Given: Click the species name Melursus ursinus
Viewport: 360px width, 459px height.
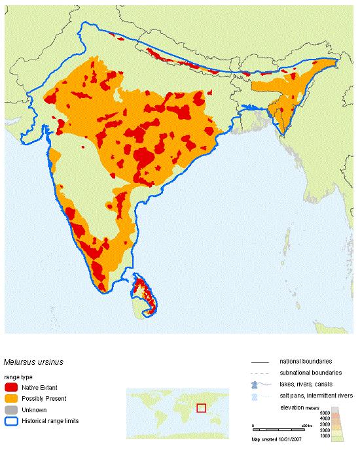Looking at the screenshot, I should coord(33,361).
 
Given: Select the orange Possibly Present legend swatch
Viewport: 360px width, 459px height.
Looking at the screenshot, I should coord(11,399).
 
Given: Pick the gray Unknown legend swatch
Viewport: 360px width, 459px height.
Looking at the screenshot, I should coord(11,410).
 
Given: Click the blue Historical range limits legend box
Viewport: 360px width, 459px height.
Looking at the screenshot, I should coord(11,421).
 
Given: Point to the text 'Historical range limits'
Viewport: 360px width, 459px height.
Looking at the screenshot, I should coord(50,421).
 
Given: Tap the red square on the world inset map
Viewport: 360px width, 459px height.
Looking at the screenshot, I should coord(201,408).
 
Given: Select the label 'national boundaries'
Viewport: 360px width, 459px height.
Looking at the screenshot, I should coord(305,361).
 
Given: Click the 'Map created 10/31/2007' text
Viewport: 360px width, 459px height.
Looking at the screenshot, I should coord(279,439).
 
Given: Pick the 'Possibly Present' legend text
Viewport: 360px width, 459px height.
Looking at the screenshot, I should coord(44,399).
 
